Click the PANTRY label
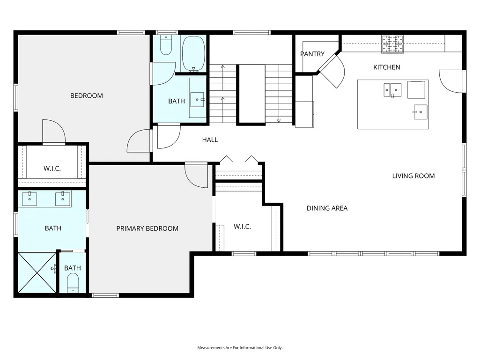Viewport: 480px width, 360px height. click(x=312, y=54)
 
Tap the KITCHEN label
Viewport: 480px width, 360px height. click(x=387, y=67)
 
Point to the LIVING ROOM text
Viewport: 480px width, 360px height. click(x=414, y=176)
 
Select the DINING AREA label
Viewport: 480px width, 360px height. click(x=327, y=208)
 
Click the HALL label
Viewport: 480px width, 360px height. click(x=210, y=140)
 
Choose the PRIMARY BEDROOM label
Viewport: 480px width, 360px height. click(x=147, y=228)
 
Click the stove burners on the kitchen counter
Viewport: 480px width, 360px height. click(x=392, y=44)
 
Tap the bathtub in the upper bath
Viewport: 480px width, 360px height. click(x=193, y=54)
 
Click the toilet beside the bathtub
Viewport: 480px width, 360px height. click(x=166, y=45)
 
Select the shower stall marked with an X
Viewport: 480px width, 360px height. click(x=37, y=272)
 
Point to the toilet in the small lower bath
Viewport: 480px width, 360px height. click(x=73, y=283)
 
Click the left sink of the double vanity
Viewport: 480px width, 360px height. click(x=30, y=198)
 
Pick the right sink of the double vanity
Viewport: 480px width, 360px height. click(x=63, y=198)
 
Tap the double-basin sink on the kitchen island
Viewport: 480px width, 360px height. click(x=392, y=90)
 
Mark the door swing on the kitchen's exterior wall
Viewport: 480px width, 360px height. click(x=452, y=81)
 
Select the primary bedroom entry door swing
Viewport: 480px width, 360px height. click(x=196, y=176)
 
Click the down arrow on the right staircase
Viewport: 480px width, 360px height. click(x=279, y=120)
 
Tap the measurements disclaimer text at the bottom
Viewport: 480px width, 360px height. click(x=240, y=348)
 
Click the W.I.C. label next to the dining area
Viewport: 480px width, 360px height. click(x=242, y=227)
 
